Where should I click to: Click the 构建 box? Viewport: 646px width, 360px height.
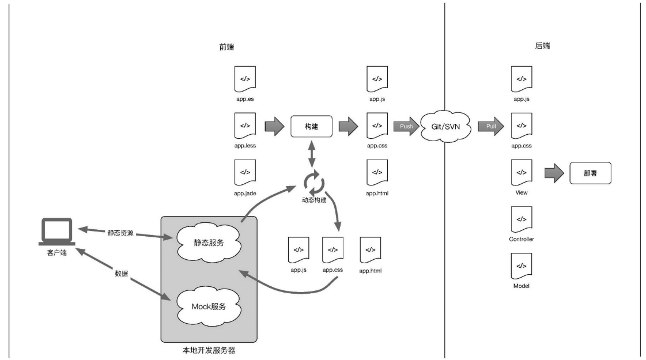tap(311, 126)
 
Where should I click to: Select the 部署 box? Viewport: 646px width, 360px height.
tap(590, 172)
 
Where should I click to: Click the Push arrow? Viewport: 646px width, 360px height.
tap(406, 126)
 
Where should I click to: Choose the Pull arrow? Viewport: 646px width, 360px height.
tap(491, 126)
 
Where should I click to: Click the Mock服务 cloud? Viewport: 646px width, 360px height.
tap(209, 306)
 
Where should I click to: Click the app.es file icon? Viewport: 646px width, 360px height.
tap(245, 79)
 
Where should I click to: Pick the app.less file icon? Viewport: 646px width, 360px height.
tap(245, 126)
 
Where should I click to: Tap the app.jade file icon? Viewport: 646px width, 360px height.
tap(245, 172)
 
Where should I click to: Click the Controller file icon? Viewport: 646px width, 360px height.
tap(521, 219)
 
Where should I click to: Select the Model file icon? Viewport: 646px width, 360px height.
tap(521, 266)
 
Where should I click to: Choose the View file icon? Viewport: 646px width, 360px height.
tap(521, 172)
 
